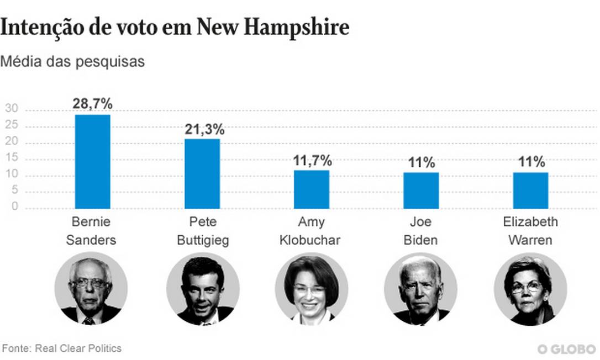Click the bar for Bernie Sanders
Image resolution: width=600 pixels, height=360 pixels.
pos(92,161)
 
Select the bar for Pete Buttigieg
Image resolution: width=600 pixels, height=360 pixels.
pos(202,173)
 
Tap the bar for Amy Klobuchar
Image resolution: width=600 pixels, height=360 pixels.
pos(311,189)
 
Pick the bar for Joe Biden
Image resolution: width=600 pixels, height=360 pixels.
pos(421,190)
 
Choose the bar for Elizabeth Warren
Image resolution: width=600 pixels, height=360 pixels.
pos(530,190)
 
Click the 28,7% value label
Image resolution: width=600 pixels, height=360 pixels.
pos(92,103)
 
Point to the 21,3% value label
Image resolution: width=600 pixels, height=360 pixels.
pos(204,130)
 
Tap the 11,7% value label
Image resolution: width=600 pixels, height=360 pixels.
pos(312,161)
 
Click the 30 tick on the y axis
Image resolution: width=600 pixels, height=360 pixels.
pos(12,109)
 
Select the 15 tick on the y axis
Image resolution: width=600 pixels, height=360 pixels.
pos(12,158)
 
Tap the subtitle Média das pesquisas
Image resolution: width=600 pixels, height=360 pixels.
pos(72,61)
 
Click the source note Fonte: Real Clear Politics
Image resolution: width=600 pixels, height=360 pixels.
pos(62,348)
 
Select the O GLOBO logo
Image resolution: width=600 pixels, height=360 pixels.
pos(566,350)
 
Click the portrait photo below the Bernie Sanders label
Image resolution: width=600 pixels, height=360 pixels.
pos(91,288)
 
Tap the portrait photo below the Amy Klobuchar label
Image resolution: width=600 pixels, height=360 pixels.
pos(311,288)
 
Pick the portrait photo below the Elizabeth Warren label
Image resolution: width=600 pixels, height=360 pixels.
pos(530,288)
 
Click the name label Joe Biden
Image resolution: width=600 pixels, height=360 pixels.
pos(420,231)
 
